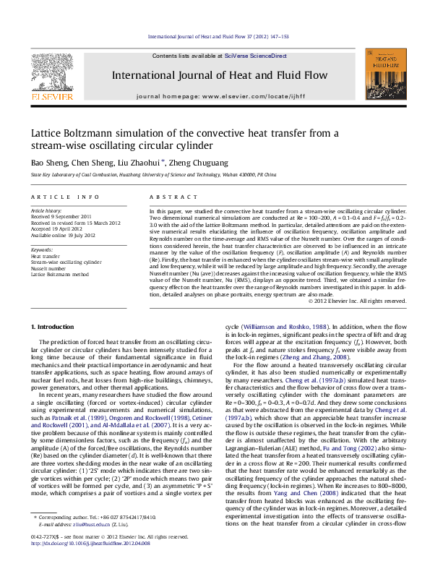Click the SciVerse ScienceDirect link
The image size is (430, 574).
[255, 56]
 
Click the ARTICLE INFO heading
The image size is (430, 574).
[65, 197]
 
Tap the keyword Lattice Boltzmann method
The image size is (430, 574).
[60, 275]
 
